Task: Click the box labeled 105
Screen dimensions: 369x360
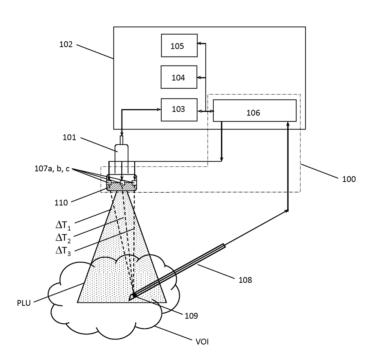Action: click(179, 45)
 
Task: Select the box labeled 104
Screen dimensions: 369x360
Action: click(179, 77)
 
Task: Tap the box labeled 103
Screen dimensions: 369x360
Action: click(179, 110)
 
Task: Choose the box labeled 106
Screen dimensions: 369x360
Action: click(254, 111)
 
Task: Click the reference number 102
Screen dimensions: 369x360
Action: click(66, 44)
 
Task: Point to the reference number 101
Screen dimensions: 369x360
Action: click(69, 137)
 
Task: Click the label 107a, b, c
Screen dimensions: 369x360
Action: click(52, 169)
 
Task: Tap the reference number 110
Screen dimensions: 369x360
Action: click(61, 203)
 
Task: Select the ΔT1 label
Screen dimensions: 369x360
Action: click(63, 226)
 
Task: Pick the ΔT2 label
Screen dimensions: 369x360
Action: click(63, 238)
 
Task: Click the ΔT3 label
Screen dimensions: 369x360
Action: click(63, 251)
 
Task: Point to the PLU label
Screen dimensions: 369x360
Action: click(24, 303)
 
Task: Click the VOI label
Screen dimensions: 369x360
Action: click(202, 342)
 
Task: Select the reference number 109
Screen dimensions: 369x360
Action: click(191, 316)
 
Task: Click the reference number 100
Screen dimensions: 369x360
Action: click(349, 179)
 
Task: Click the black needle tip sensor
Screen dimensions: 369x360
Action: click(134, 295)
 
